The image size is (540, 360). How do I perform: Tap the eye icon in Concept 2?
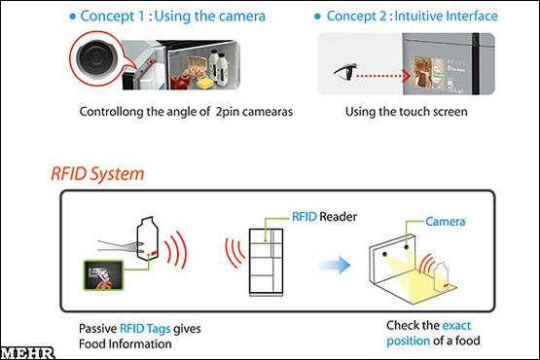coord(346,71)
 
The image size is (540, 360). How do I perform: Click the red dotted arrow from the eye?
coord(383,76)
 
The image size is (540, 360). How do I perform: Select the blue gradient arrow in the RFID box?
coord(334,265)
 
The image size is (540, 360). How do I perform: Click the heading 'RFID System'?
coord(97,174)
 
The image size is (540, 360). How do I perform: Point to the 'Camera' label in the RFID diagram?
coord(445,222)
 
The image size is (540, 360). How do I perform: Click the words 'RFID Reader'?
coord(324,217)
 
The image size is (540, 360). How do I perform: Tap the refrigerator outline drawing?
coord(267,262)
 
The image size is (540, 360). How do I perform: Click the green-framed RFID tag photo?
coord(103,275)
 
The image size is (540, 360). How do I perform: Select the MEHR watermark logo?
coord(27,353)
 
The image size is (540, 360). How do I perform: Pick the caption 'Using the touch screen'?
coord(407,112)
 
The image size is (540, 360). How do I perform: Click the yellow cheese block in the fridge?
coord(204,83)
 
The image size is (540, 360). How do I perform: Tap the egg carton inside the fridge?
coord(196,66)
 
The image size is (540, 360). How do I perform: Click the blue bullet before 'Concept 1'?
coord(72,17)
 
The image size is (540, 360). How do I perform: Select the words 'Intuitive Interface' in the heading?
coord(446,16)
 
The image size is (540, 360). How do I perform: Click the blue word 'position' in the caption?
coord(408,342)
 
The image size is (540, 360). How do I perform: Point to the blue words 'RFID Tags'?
coord(145,328)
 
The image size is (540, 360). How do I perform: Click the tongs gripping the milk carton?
coord(121,246)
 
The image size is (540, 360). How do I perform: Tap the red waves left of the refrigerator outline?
coord(234,253)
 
